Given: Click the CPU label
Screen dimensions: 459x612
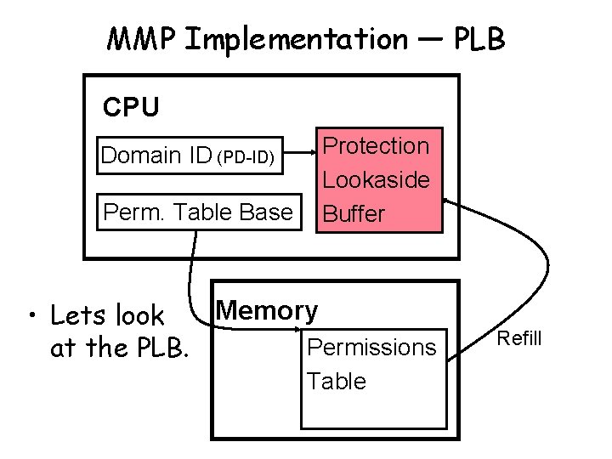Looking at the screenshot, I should click(x=130, y=107).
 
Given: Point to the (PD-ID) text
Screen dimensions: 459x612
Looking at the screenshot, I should click(x=246, y=157).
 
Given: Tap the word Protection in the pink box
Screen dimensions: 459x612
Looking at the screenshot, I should click(x=377, y=146).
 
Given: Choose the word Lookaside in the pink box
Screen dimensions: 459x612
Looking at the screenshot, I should click(x=377, y=179).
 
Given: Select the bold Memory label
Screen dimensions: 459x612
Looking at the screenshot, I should click(x=267, y=311).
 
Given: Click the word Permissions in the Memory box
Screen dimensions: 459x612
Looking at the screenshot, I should click(x=371, y=347).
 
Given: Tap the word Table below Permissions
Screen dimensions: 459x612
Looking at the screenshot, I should click(x=337, y=381).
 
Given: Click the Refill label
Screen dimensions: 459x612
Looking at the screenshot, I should click(x=518, y=339).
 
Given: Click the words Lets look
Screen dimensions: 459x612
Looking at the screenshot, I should click(x=107, y=316).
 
